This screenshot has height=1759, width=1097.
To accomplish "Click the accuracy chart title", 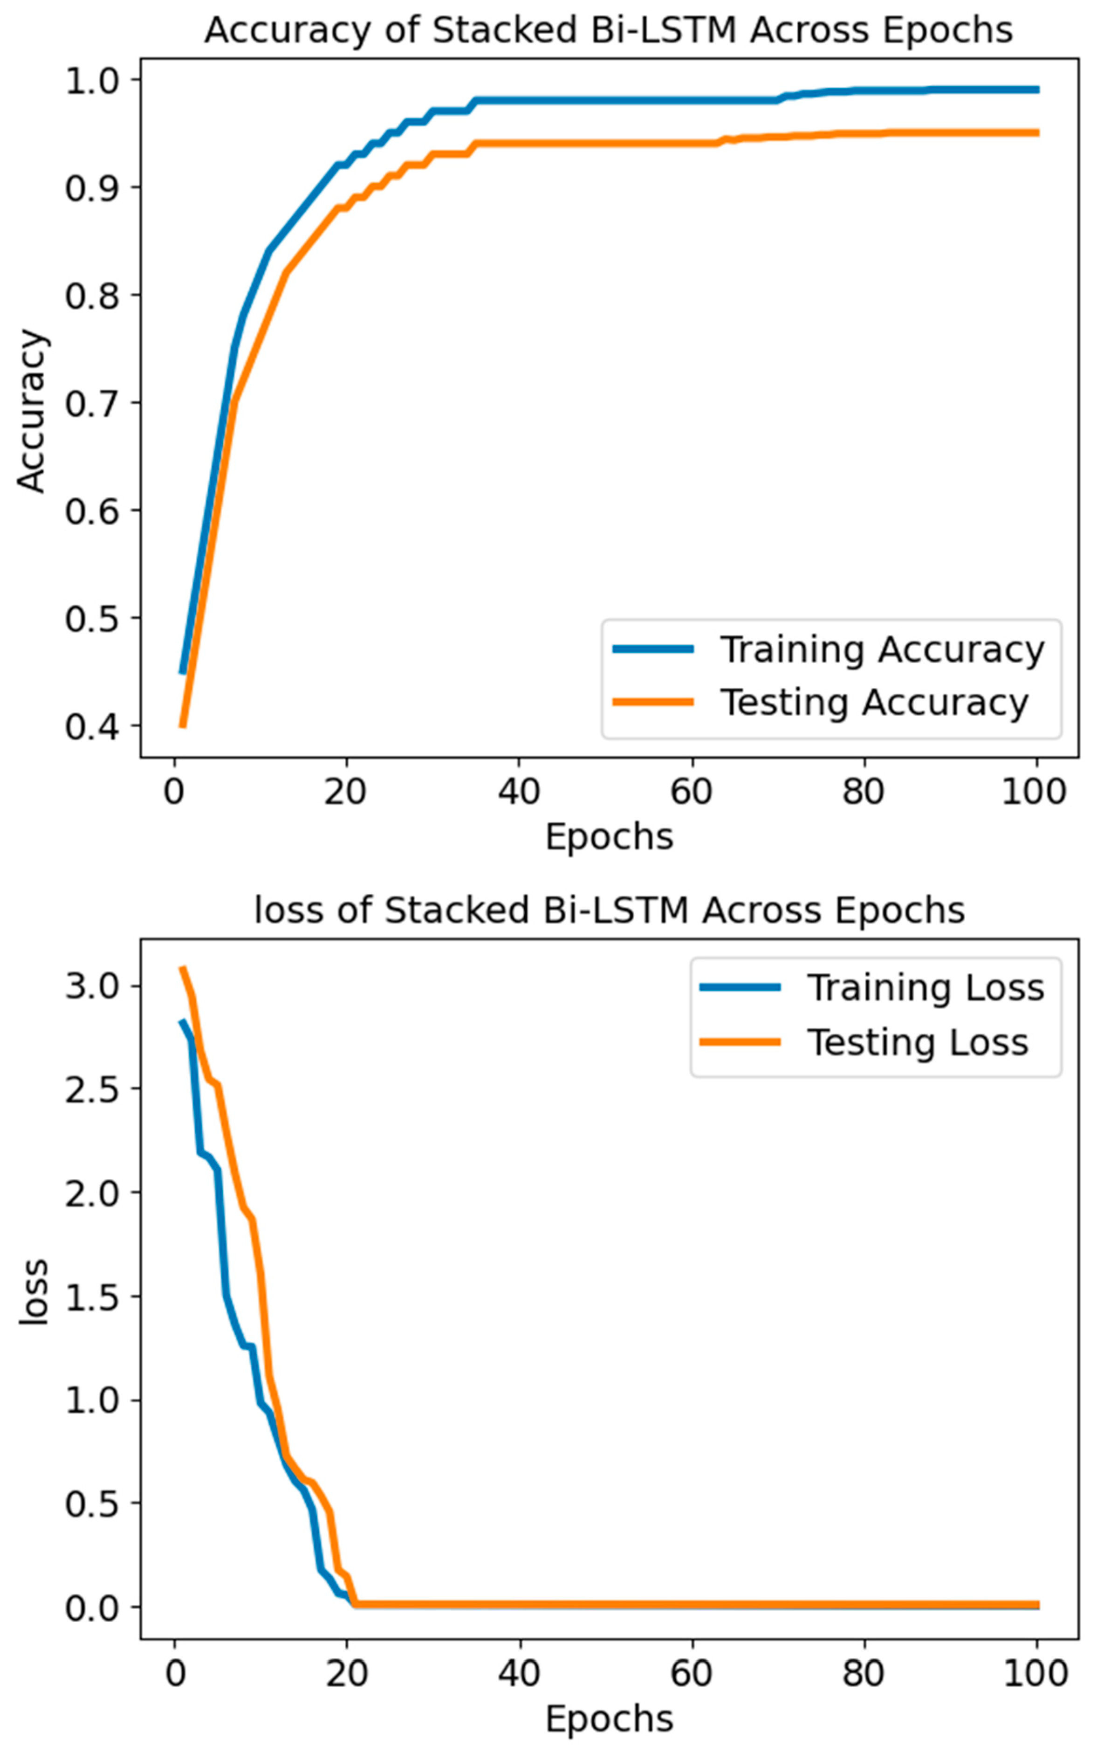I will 608,30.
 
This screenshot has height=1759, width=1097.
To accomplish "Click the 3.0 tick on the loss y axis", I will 91,986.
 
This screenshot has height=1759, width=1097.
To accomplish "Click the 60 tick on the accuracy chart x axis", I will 691,791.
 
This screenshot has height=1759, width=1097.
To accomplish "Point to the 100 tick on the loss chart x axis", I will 1035,1673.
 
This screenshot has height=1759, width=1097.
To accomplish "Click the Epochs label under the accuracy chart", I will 609,837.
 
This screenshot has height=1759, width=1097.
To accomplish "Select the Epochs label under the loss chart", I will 609,1719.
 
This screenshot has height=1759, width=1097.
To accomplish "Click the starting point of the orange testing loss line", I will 183,968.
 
